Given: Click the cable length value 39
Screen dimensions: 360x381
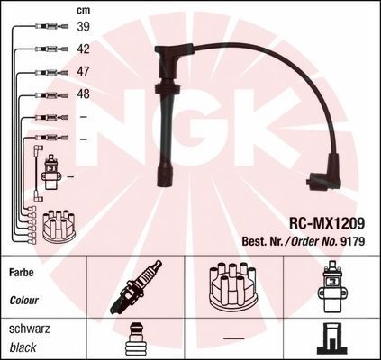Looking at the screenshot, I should point(82,28).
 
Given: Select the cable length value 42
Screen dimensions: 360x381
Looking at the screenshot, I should point(82,50).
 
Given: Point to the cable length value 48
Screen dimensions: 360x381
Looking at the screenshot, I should point(82,94).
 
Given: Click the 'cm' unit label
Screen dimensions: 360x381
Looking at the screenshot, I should point(82,10).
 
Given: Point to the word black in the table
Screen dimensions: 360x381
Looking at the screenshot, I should point(24,347).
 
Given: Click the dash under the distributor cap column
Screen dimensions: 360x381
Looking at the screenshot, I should point(233,338).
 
